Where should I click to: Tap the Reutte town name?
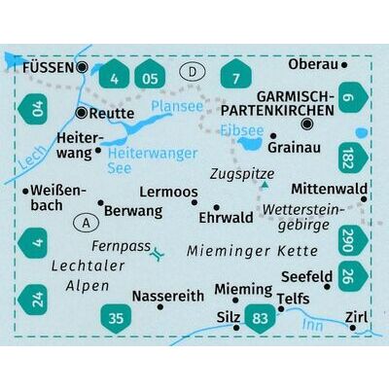(x=114, y=115)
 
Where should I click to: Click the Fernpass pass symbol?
(x=159, y=254)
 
